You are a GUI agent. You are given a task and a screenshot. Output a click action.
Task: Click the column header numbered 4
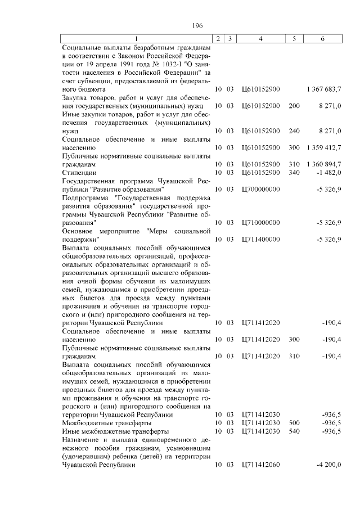coord(260,38)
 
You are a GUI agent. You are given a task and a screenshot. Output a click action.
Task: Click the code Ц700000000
coord(260,189)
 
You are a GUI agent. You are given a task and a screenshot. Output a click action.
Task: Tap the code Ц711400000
coord(260,239)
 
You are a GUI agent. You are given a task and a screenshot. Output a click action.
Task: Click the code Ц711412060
coord(260,465)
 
